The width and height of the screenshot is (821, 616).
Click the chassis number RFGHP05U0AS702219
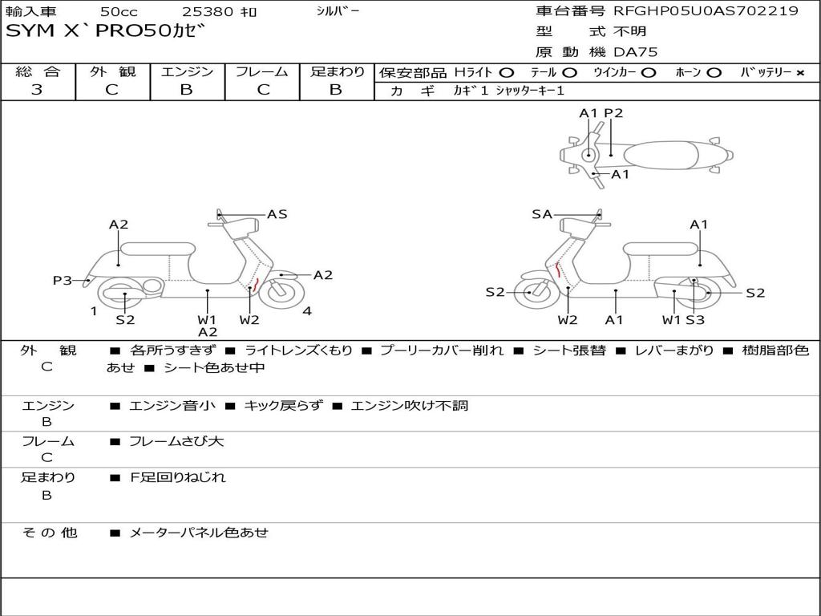(x=706, y=11)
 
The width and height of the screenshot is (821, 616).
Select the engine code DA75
(x=636, y=52)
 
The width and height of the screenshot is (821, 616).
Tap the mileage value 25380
(x=208, y=12)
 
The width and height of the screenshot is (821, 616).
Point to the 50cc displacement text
(x=118, y=12)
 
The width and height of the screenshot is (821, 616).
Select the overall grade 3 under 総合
(x=37, y=90)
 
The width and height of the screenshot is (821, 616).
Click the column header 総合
(x=38, y=72)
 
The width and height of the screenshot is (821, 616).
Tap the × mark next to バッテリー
(x=799, y=73)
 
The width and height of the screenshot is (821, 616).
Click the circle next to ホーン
(x=714, y=73)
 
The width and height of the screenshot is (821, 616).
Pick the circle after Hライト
(x=507, y=73)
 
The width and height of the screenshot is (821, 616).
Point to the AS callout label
(x=277, y=214)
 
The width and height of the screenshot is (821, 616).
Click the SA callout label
(x=542, y=214)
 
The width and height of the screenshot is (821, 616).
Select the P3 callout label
(x=63, y=280)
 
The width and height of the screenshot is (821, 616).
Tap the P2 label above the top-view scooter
(x=613, y=113)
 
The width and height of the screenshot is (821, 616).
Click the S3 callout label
(x=695, y=320)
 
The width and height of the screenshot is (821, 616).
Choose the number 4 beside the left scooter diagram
(x=307, y=311)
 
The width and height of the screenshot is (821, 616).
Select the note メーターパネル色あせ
(x=199, y=532)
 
